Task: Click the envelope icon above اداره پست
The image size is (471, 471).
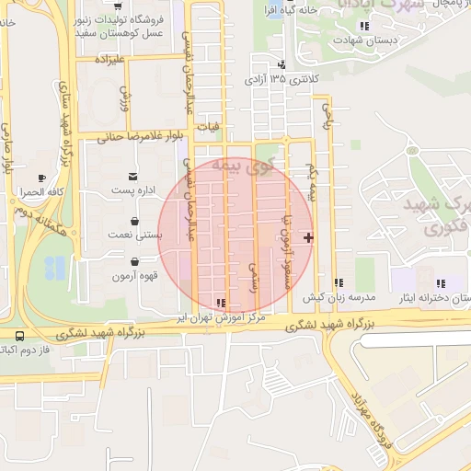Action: pos(134,176)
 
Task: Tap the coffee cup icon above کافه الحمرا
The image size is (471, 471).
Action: pos(41,178)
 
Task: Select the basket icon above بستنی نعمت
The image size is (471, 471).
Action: pos(135,222)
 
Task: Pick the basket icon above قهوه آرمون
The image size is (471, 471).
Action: pos(135,262)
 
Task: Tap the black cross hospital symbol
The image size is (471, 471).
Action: pos(307,239)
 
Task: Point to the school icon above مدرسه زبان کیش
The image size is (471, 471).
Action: pos(339,283)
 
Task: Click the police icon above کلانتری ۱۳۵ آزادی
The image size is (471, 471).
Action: pos(281,65)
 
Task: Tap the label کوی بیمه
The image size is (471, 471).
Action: pos(242,166)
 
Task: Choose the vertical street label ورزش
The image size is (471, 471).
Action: pos(125,98)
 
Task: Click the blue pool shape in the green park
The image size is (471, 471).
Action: pos(55,268)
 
